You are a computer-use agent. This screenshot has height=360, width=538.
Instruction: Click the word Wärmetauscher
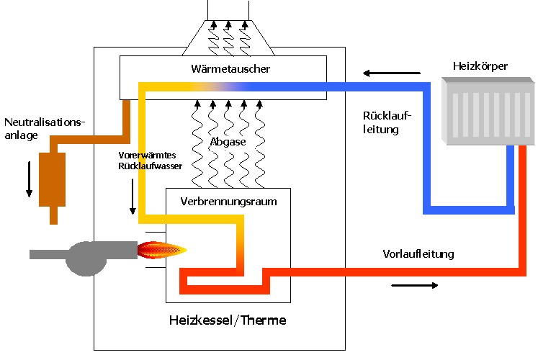[x=222, y=69]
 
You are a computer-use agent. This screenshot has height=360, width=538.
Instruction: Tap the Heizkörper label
[x=480, y=67]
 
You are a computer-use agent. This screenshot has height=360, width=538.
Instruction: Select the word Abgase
[x=228, y=142]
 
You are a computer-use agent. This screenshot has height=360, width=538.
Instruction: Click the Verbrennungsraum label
[x=228, y=202]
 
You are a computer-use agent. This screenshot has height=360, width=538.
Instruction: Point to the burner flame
[x=161, y=250]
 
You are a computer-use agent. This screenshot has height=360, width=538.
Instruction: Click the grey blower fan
[x=87, y=256]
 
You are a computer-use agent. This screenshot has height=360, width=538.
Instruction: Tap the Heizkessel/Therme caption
[x=227, y=320]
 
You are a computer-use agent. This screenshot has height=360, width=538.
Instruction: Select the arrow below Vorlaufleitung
[x=415, y=286]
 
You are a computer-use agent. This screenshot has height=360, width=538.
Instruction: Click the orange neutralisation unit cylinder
[x=52, y=178]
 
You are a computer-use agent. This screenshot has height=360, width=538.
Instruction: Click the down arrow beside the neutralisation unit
[x=29, y=180]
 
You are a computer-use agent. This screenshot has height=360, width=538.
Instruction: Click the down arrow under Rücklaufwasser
[x=133, y=197]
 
